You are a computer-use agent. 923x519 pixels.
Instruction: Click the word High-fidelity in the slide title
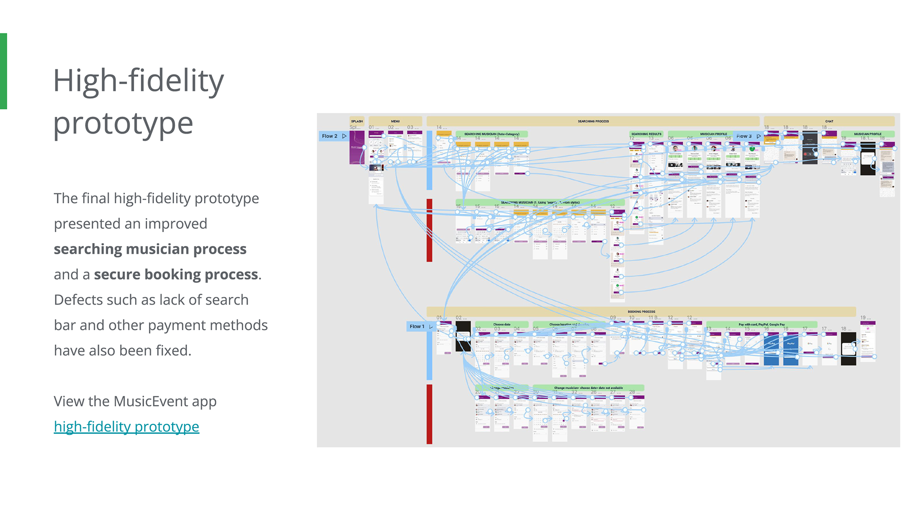pos(138,81)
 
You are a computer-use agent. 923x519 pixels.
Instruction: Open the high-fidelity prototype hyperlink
pos(126,427)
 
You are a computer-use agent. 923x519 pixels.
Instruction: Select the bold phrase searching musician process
pos(150,249)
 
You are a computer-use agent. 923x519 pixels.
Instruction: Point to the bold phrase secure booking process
pos(176,274)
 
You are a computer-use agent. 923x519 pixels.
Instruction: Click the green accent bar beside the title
pos(3,71)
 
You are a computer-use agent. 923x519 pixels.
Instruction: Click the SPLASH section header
pos(357,121)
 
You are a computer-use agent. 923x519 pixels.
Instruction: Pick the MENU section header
pos(395,121)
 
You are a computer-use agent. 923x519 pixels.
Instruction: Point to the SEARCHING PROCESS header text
pos(593,121)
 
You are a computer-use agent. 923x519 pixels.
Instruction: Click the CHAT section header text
pos(829,121)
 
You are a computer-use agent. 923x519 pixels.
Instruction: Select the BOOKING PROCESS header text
pos(641,311)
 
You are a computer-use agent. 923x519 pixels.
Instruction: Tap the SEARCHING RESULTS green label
pos(646,134)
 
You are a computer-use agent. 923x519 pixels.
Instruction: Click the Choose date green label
pos(501,324)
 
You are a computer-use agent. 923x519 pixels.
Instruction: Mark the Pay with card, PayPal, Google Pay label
pos(761,324)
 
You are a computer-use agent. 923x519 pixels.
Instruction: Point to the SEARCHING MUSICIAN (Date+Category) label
pos(491,134)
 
